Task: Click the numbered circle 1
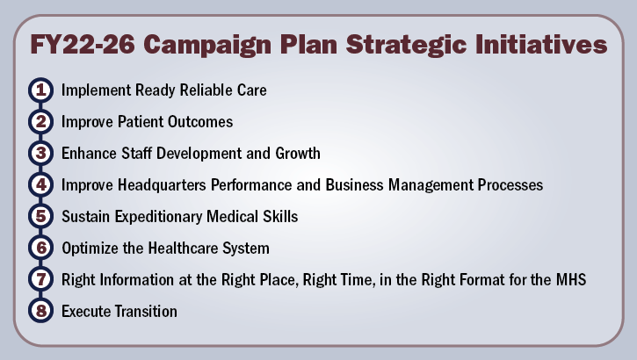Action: (40, 90)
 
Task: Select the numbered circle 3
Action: (40, 154)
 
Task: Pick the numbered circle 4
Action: (40, 185)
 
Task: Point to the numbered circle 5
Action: (40, 216)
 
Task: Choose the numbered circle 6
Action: (40, 248)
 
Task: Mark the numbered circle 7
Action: (40, 279)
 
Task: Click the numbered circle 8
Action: (40, 311)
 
